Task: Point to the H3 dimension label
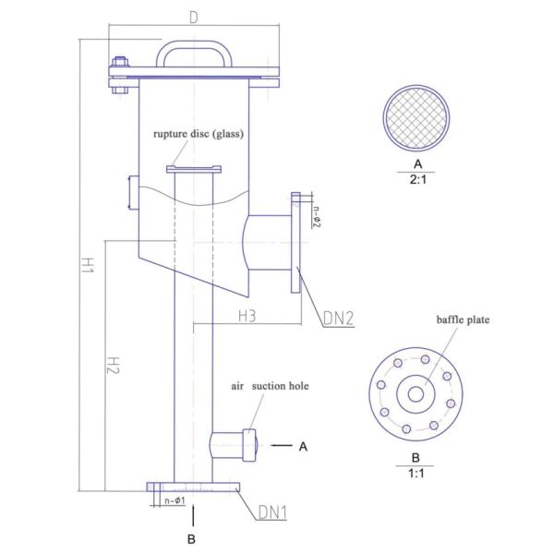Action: pos(247,316)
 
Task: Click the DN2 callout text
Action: pos(339,319)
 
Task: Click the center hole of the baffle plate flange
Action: pos(415,394)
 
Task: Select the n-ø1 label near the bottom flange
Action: pos(175,501)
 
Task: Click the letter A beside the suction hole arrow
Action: pos(302,447)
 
